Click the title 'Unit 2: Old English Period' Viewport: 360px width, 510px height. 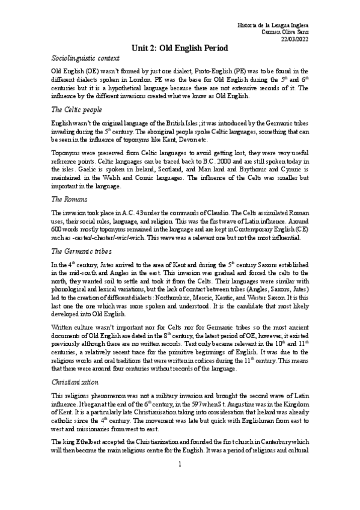tap(180, 48)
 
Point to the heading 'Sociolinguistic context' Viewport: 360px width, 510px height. tap(85, 59)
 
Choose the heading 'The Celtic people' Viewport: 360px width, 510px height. tap(77, 110)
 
